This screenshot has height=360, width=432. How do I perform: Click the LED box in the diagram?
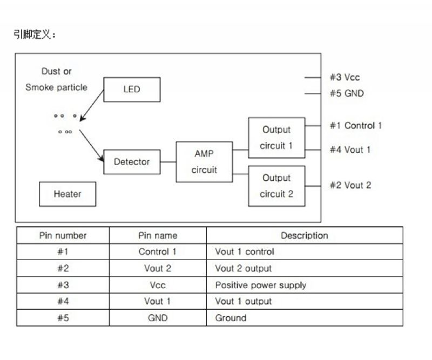(132, 90)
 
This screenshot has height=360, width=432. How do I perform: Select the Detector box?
(132, 162)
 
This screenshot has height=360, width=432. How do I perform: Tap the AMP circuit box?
(205, 162)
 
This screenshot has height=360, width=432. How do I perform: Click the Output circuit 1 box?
(276, 138)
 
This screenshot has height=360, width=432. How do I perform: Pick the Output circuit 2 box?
(276, 186)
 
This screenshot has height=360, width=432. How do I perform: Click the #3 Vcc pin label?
(345, 77)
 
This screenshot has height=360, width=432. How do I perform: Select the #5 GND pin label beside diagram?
(347, 93)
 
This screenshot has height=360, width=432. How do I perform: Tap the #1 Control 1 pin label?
(355, 126)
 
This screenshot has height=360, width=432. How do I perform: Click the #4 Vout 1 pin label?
(350, 150)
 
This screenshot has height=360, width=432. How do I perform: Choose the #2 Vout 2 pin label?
(350, 185)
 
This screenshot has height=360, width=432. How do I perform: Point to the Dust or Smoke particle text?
(56, 79)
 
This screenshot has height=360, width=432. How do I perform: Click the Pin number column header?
(63, 235)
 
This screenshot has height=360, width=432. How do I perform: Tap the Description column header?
(304, 235)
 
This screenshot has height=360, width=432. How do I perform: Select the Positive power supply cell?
(260, 285)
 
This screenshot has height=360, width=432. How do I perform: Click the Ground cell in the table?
(231, 318)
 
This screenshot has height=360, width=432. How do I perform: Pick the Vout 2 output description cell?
(243, 268)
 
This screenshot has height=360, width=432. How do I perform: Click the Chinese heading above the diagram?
(35, 35)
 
